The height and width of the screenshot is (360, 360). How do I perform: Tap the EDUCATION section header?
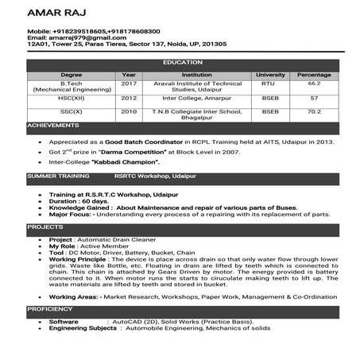click(183, 62)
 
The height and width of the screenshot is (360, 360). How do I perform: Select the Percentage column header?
click(314, 75)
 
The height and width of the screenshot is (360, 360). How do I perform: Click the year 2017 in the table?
click(129, 83)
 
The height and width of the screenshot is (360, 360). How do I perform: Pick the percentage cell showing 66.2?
click(314, 83)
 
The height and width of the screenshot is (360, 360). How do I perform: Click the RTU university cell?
click(268, 83)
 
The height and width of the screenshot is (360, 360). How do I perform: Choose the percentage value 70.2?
click(314, 112)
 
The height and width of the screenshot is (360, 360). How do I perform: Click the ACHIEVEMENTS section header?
click(53, 126)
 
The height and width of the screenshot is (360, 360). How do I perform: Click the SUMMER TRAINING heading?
click(58, 175)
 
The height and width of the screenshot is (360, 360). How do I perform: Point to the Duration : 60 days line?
click(79, 201)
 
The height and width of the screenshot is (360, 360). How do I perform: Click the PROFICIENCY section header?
click(50, 308)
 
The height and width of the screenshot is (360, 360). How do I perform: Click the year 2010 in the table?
click(129, 112)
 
